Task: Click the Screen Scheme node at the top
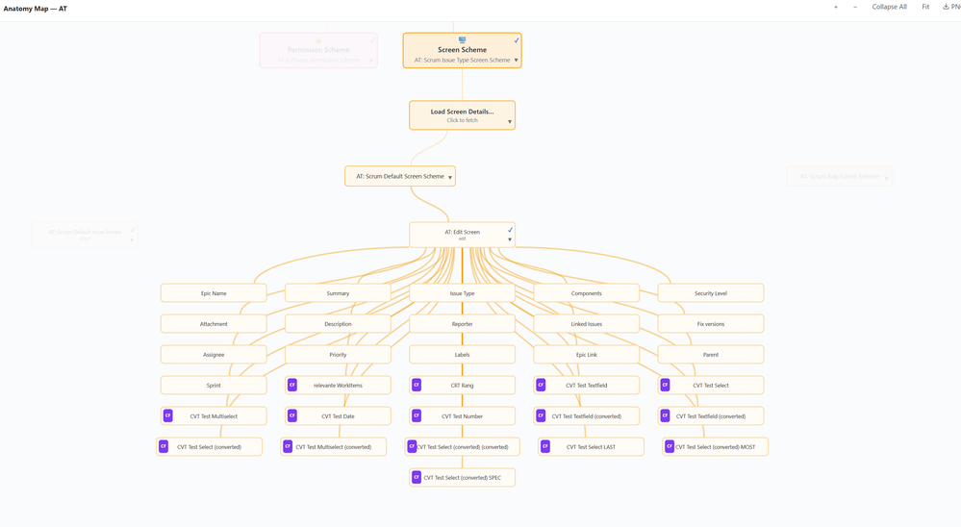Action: (462, 51)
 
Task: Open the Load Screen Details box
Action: (462, 115)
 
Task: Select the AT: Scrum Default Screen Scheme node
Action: (399, 177)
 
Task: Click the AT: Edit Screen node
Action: (462, 235)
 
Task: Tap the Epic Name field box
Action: (214, 293)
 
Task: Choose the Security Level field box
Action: (710, 293)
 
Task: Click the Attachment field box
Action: (214, 324)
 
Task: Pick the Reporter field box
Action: (462, 324)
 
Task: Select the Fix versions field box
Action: (710, 324)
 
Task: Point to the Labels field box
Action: (462, 355)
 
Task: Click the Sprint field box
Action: (214, 386)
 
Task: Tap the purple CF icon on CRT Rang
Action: (417, 386)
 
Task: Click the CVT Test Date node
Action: (338, 416)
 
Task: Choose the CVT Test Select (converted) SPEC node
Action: (462, 478)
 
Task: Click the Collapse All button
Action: (889, 7)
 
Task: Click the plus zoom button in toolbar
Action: (836, 7)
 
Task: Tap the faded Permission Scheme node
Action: (318, 51)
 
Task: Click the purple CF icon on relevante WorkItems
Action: (292, 386)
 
